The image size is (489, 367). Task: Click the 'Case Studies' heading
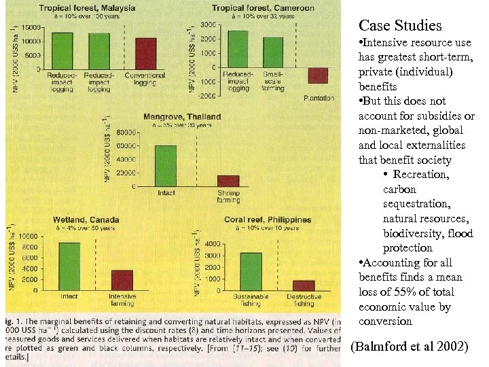pyautogui.click(x=400, y=26)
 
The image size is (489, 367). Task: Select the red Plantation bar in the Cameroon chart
pyautogui.click(x=318, y=75)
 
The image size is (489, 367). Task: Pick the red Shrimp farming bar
pyautogui.click(x=228, y=181)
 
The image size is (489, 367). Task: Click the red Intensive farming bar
pyautogui.click(x=122, y=281)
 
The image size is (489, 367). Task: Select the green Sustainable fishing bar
pyautogui.click(x=251, y=272)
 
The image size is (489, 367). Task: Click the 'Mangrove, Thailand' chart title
pyautogui.click(x=182, y=117)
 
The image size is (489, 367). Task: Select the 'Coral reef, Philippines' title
pyautogui.click(x=268, y=220)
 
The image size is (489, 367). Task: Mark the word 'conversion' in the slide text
pyautogui.click(x=385, y=321)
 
